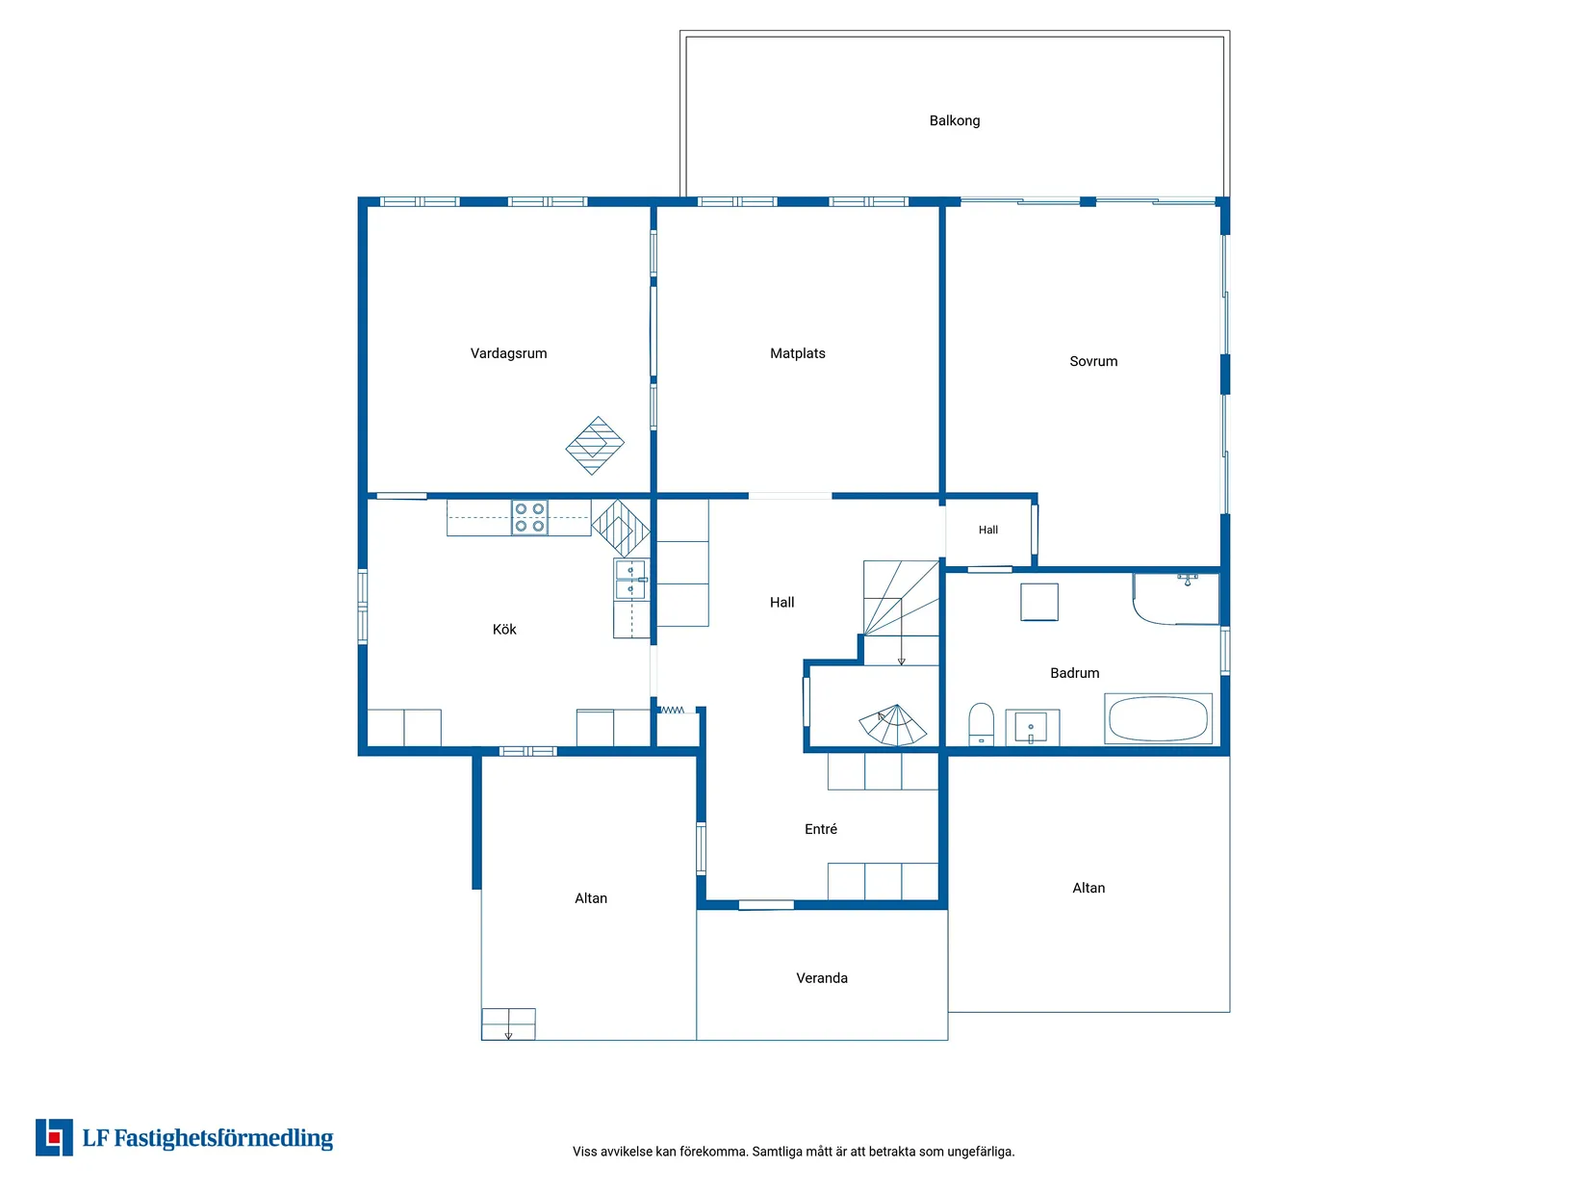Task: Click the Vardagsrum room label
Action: point(508,353)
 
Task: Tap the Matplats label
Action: point(797,353)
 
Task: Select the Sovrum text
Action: point(1093,361)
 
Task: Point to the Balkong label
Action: point(955,121)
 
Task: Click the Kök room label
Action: point(504,629)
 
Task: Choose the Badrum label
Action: point(1074,673)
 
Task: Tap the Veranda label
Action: point(821,978)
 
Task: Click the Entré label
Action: point(820,829)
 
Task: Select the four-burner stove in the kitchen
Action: point(528,517)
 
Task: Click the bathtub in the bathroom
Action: point(1158,718)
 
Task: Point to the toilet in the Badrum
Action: point(981,724)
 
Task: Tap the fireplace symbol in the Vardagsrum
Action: point(595,446)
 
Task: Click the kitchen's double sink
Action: point(630,579)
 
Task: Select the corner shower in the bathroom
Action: point(1176,599)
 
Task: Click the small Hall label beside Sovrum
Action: point(987,530)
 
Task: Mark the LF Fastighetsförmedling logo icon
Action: point(54,1137)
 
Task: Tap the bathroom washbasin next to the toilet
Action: point(1033,727)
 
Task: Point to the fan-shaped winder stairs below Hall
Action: point(893,725)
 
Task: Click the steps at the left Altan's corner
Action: point(508,1024)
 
